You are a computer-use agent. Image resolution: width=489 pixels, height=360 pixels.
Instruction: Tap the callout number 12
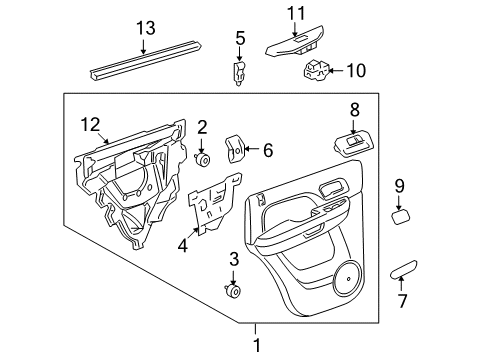(x=91, y=125)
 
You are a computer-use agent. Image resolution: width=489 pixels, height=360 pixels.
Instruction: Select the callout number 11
(x=293, y=13)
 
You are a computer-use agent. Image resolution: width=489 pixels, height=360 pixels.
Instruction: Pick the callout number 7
(x=402, y=300)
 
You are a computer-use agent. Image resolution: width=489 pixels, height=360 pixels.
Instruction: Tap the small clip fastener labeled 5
(x=240, y=72)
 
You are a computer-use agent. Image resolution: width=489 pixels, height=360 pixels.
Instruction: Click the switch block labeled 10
(x=318, y=70)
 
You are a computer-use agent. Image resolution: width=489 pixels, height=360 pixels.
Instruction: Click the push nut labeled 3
(x=234, y=291)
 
